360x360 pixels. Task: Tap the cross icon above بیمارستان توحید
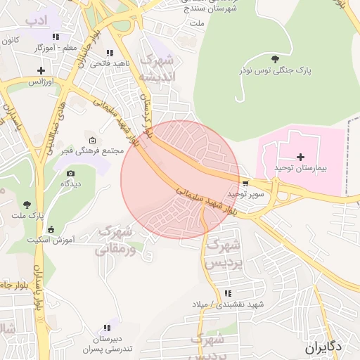point(301,157)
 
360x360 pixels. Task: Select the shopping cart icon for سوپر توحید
point(244,184)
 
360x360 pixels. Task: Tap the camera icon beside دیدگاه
point(70,174)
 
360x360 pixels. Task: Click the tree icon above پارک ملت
point(27,204)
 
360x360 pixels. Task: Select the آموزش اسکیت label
point(51,240)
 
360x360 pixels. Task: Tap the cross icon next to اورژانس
point(41,70)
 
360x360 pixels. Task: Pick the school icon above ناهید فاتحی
point(109,53)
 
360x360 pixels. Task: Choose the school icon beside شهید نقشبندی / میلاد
point(227,293)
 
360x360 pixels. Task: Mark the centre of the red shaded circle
point(180,180)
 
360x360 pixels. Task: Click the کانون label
point(10,41)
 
